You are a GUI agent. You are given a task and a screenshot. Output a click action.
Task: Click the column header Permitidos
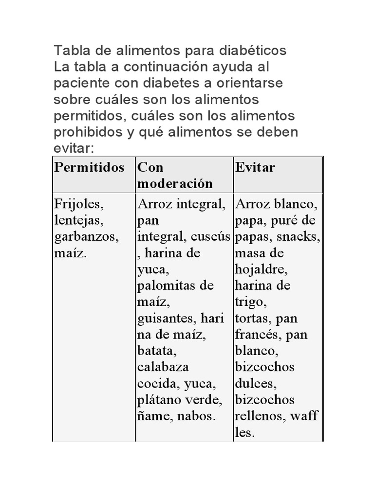coord(89,168)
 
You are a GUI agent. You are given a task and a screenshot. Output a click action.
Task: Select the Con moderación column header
coord(175,176)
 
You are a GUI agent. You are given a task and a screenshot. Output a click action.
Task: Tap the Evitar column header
coord(255,168)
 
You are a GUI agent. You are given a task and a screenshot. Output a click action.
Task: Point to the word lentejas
coord(79,220)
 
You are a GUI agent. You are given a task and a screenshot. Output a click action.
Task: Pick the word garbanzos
coord(86,237)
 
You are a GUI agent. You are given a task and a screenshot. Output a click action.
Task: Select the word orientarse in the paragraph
coord(248,83)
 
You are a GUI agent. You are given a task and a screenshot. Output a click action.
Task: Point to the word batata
coord(153,351)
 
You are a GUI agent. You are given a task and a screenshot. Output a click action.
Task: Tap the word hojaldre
coord(261,269)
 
